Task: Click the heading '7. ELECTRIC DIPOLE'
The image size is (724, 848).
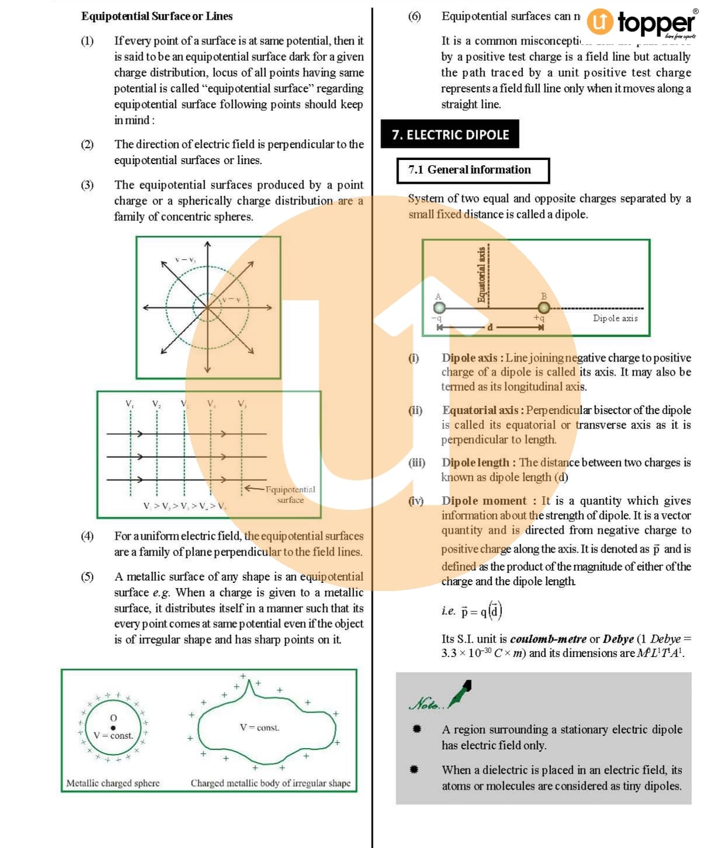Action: click(450, 135)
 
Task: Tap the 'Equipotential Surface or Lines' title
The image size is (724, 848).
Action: click(157, 16)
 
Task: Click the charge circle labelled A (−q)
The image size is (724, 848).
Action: click(439, 308)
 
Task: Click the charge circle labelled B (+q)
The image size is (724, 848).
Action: click(543, 308)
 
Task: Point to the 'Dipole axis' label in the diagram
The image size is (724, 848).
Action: click(615, 318)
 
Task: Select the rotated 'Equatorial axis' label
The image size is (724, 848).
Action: click(481, 274)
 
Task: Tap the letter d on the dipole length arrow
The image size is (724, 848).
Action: click(490, 327)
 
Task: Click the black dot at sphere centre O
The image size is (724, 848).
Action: click(113, 728)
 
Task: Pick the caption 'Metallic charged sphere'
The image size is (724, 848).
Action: click(113, 783)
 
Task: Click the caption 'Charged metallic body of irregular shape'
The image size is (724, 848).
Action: click(271, 783)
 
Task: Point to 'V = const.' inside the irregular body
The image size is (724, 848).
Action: click(259, 728)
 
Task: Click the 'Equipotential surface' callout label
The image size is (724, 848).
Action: click(290, 495)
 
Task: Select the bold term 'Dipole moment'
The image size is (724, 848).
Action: click(484, 501)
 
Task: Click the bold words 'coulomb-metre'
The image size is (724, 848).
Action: click(548, 639)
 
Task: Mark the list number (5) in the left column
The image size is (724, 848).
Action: click(87, 577)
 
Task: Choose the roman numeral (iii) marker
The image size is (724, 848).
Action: click(417, 463)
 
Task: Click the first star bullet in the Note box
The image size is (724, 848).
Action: click(416, 729)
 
